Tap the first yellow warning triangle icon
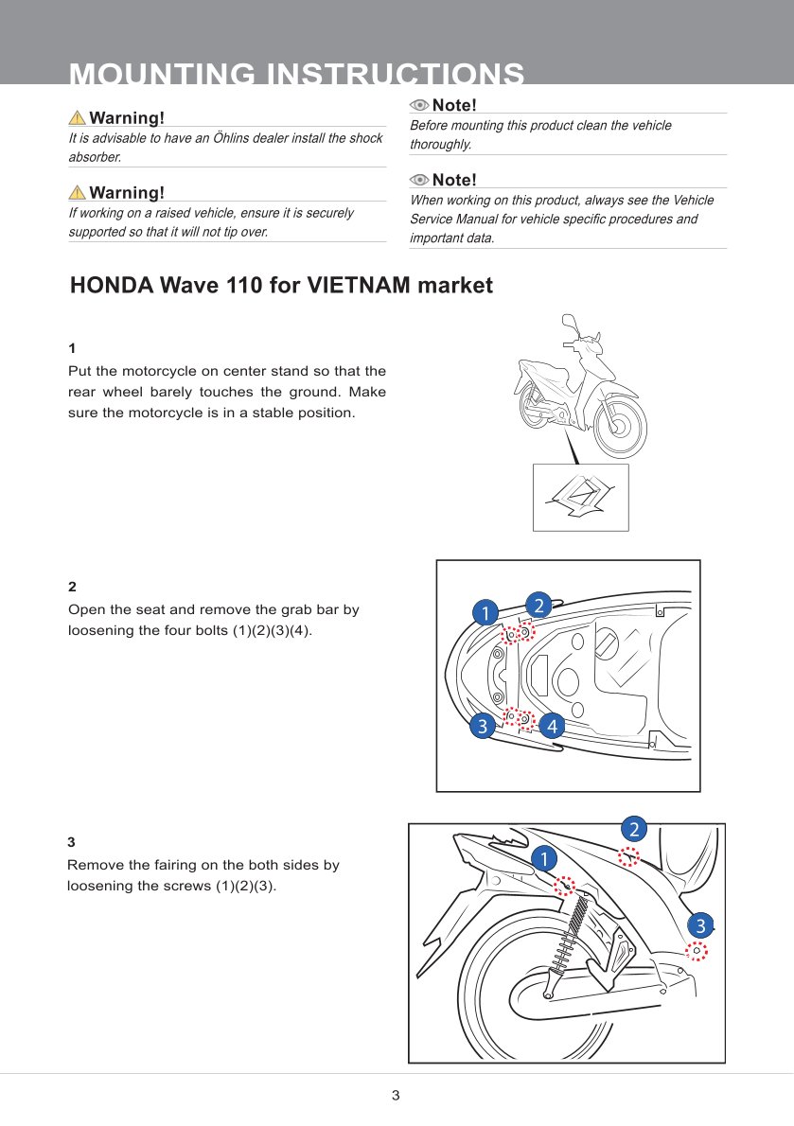click(x=78, y=118)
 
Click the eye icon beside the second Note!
click(x=419, y=180)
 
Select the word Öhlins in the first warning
click(x=224, y=138)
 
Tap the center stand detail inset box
click(x=580, y=497)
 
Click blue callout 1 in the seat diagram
click(x=485, y=613)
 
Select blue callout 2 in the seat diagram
click(x=538, y=605)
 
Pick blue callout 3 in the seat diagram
click(x=483, y=727)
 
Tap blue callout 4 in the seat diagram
click(x=551, y=727)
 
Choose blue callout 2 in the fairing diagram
click(x=633, y=829)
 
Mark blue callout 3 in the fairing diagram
click(x=699, y=924)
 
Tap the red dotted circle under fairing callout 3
click(x=697, y=951)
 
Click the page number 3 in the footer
click(x=396, y=1096)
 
